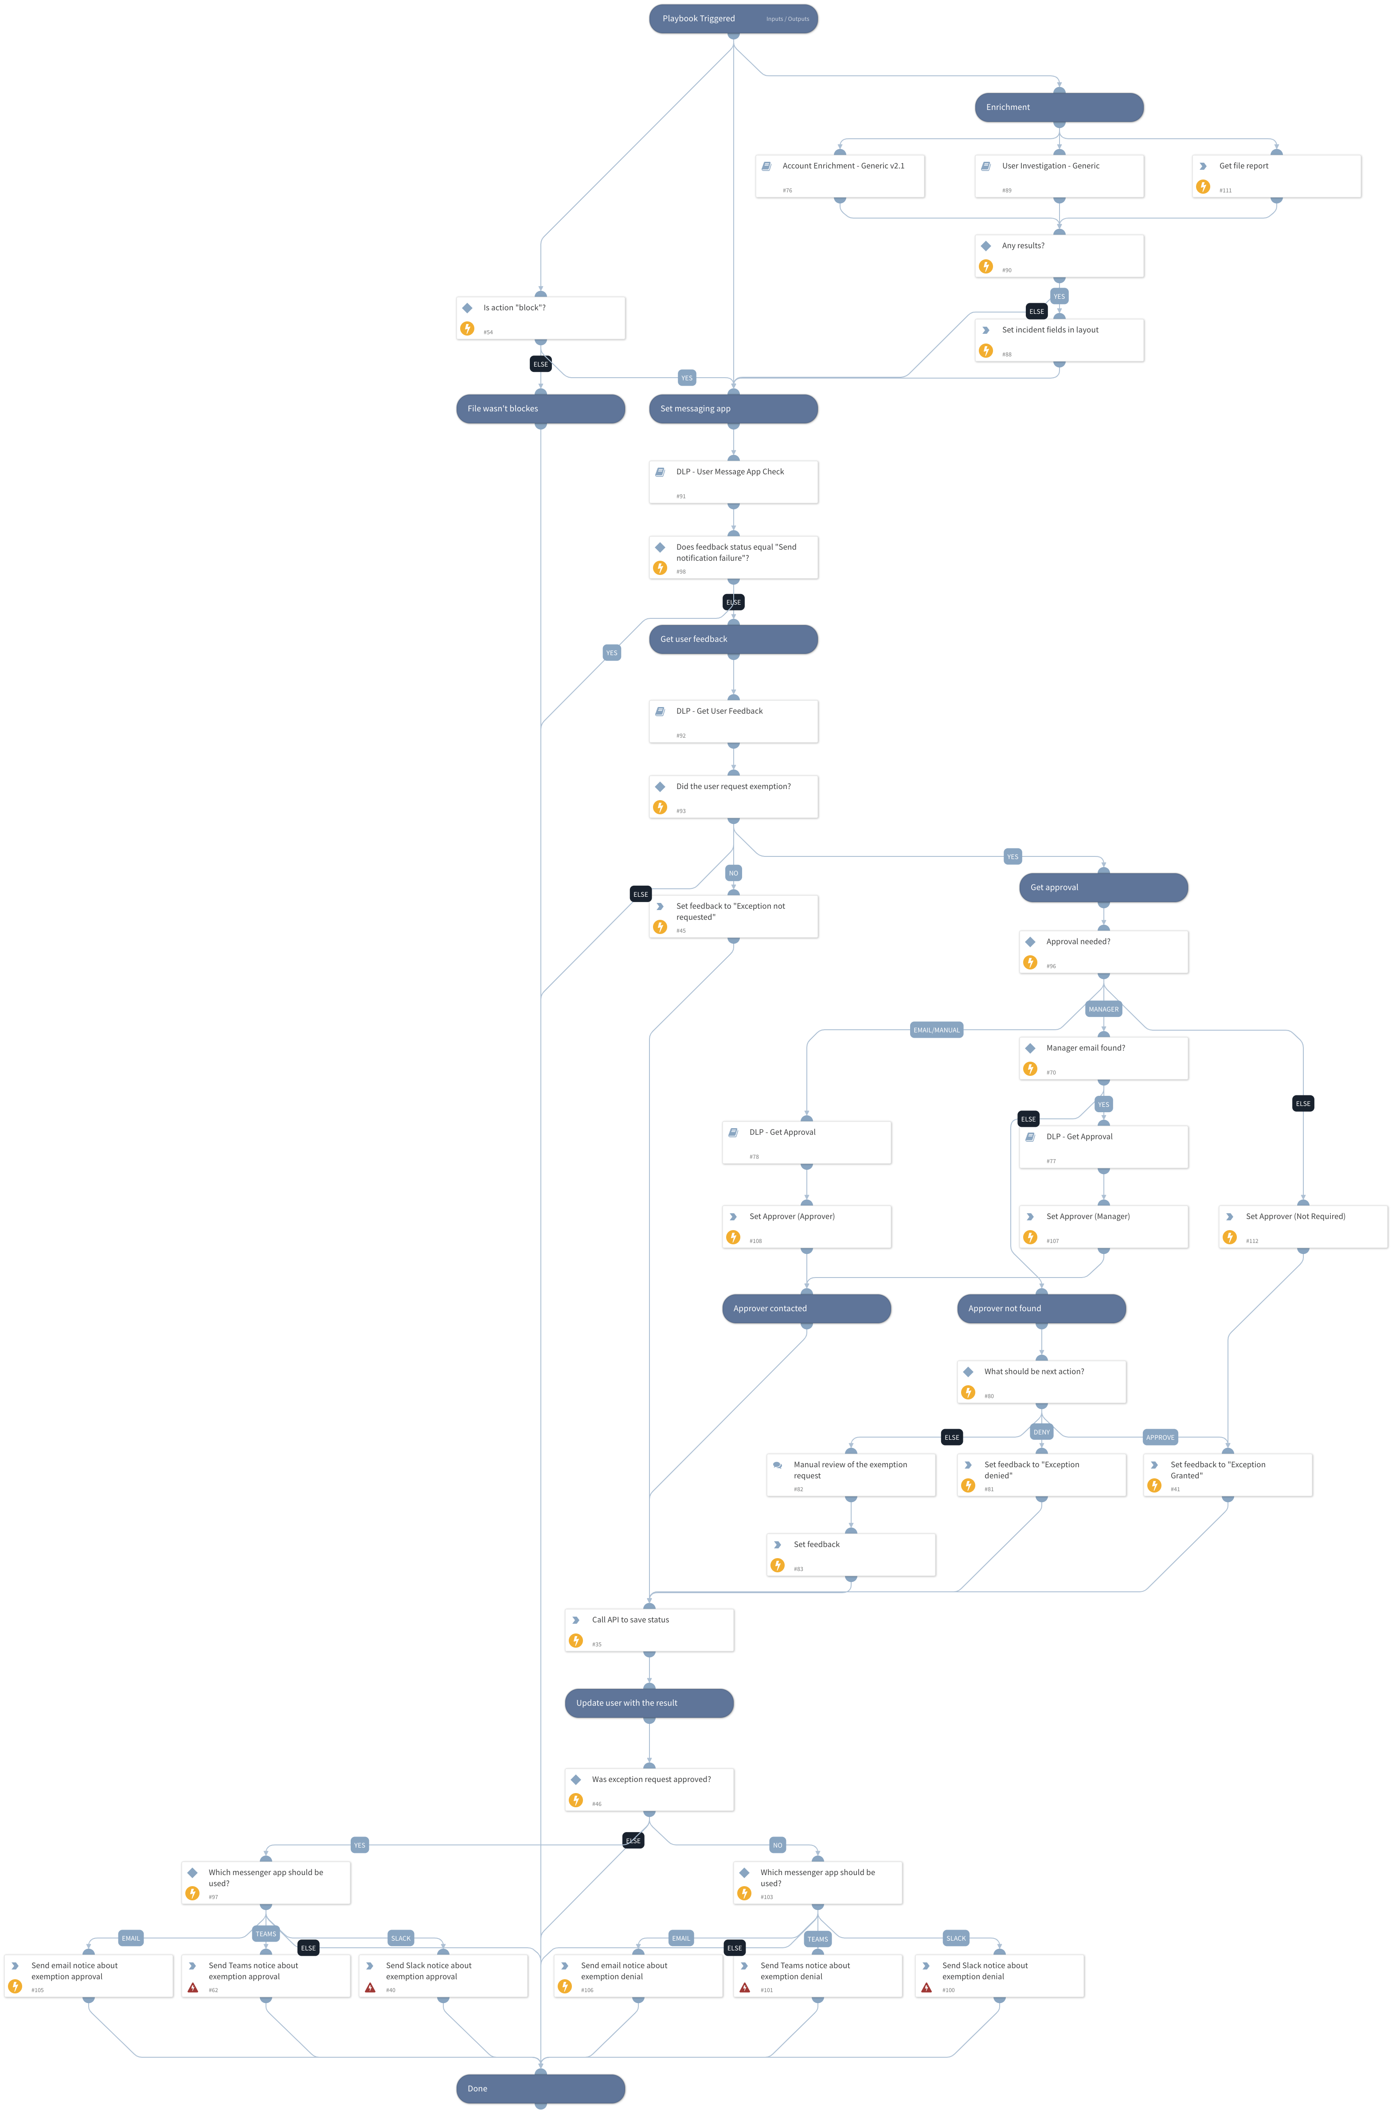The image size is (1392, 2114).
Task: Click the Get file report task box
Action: [x=1275, y=176]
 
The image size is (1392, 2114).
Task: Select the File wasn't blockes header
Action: [x=540, y=409]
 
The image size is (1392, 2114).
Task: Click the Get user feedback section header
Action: [x=733, y=640]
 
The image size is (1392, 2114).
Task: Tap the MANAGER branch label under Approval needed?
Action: [x=1103, y=1009]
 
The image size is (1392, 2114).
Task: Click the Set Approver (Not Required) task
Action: [x=1302, y=1227]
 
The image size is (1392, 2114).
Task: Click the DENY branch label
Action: [x=1041, y=1432]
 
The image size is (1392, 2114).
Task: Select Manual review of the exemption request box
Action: [x=850, y=1474]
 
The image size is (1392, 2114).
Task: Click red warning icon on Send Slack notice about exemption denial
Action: [x=926, y=1988]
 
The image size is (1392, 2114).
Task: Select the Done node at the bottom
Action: [x=540, y=2088]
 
